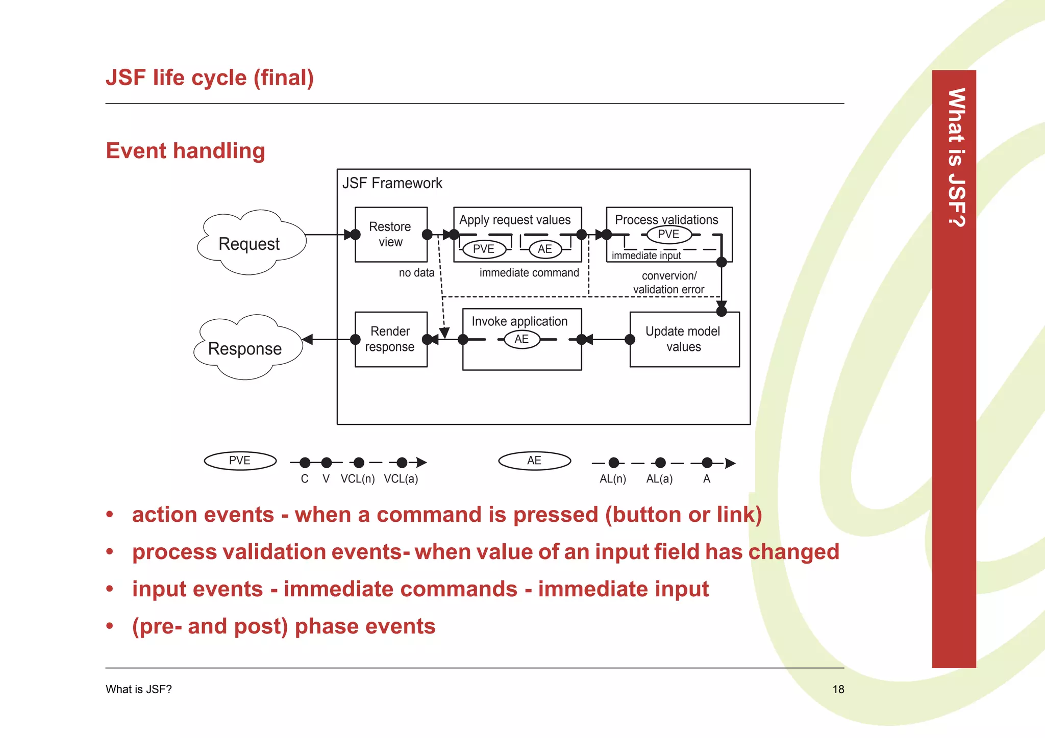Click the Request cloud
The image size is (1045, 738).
(x=250, y=243)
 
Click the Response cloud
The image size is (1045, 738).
(x=246, y=348)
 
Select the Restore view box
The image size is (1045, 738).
(x=391, y=234)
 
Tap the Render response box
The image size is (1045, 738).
(x=391, y=339)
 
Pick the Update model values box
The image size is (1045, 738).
(x=684, y=339)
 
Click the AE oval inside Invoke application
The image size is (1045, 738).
(x=521, y=339)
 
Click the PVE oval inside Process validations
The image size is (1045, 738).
(x=668, y=234)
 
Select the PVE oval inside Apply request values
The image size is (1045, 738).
(x=484, y=249)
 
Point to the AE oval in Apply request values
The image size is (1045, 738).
(x=545, y=249)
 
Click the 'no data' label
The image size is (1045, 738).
(x=416, y=273)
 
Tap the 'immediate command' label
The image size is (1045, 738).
(x=529, y=273)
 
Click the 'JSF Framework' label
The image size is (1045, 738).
(x=392, y=183)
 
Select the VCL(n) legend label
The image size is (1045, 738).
(x=358, y=479)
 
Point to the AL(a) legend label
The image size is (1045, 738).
(x=659, y=479)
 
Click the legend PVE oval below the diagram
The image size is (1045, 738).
(x=240, y=461)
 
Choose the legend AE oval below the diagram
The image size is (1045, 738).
(x=534, y=461)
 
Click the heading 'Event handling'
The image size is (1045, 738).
(x=185, y=151)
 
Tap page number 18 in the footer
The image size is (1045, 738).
(x=838, y=690)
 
